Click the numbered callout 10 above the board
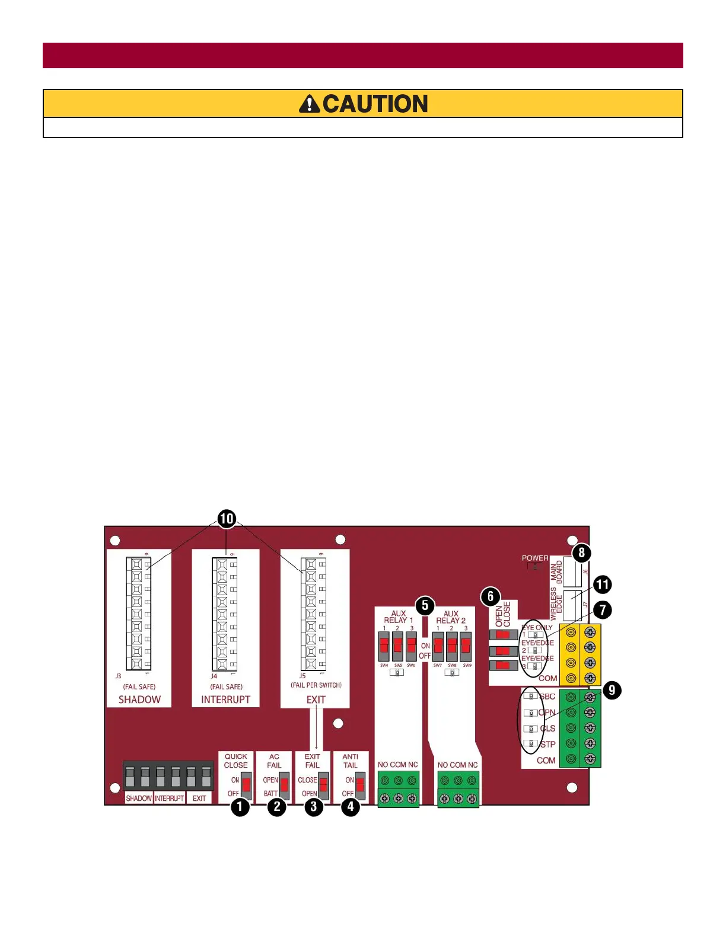coord(227,519)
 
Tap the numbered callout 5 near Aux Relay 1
coord(425,606)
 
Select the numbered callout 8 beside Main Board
coord(581,553)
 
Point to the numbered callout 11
coord(602,585)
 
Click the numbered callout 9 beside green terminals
coord(612,690)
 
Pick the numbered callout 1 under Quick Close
coord(240,807)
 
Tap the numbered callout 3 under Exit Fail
coord(314,807)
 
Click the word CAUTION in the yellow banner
coord(375,104)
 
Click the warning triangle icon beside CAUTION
coord(309,104)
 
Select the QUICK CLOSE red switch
coord(246,786)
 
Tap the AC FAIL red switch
coord(284,786)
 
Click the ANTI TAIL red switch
coord(360,786)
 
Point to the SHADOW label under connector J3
coord(139,700)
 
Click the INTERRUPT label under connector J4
coord(225,700)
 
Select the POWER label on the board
coord(535,558)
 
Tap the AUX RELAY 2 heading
coord(451,617)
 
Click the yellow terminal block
coord(580,655)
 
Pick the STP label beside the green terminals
coord(547,745)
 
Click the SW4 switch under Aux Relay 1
coord(384,646)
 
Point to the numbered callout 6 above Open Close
coord(491,596)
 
